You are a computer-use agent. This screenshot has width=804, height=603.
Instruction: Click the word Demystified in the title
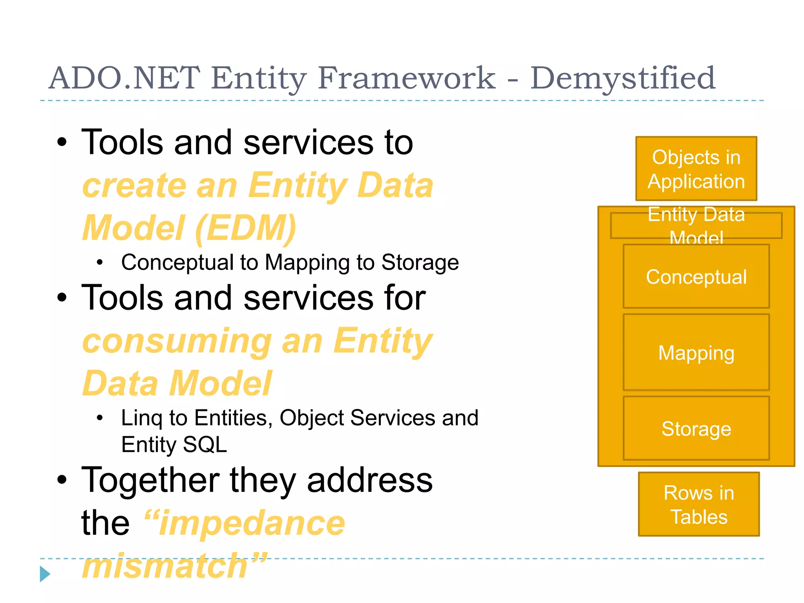pyautogui.click(x=623, y=79)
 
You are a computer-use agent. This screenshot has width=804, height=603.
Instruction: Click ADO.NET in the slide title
pyautogui.click(x=124, y=78)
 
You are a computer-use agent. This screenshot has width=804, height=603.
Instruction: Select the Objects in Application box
pyautogui.click(x=696, y=169)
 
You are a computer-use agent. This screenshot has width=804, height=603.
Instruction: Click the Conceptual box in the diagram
pyautogui.click(x=696, y=277)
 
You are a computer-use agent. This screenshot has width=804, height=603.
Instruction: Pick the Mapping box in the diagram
pyautogui.click(x=696, y=352)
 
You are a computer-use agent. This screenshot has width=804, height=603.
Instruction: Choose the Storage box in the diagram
pyautogui.click(x=696, y=428)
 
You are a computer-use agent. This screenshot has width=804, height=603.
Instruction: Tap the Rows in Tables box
pyautogui.click(x=699, y=504)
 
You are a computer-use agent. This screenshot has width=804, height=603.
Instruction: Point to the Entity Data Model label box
pyautogui.click(x=696, y=225)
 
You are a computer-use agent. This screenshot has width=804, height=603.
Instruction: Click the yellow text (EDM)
pyautogui.click(x=245, y=228)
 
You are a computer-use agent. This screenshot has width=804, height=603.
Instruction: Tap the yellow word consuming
pyautogui.click(x=177, y=341)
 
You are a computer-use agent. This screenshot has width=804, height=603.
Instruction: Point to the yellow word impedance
pyautogui.click(x=251, y=523)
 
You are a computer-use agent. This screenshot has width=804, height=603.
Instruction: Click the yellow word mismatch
pyautogui.click(x=165, y=566)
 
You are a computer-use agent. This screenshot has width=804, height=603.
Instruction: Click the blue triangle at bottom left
pyautogui.click(x=45, y=574)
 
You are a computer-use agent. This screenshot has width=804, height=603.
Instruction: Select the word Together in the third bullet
pyautogui.click(x=150, y=480)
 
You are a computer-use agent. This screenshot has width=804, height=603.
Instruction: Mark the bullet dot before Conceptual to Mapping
pyautogui.click(x=100, y=262)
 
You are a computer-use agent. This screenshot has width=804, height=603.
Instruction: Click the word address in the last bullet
pyautogui.click(x=369, y=480)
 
